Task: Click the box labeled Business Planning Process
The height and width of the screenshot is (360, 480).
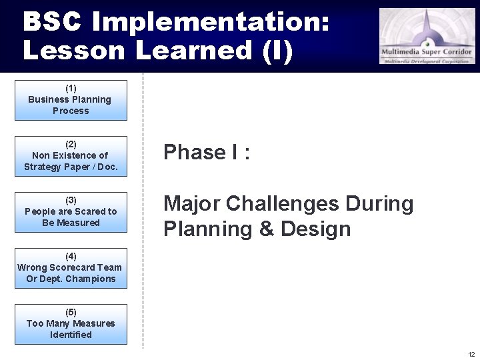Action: (71, 100)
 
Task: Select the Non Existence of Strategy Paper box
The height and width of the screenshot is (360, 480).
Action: (71, 156)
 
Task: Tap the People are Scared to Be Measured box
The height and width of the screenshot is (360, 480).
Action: (71, 212)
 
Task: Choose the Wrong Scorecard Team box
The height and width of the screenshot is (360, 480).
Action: (71, 268)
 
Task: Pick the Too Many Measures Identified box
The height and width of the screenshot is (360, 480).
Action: (71, 324)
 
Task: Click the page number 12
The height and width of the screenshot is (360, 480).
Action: (471, 354)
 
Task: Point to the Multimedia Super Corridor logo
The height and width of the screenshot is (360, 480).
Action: (427, 36)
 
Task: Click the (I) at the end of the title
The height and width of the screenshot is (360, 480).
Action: (277, 51)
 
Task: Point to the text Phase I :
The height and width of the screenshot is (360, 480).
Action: (207, 153)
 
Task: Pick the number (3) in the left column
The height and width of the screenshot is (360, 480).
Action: (71, 200)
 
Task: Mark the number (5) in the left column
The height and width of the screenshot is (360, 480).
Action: (71, 312)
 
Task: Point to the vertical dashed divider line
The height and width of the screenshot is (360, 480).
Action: (143, 213)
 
